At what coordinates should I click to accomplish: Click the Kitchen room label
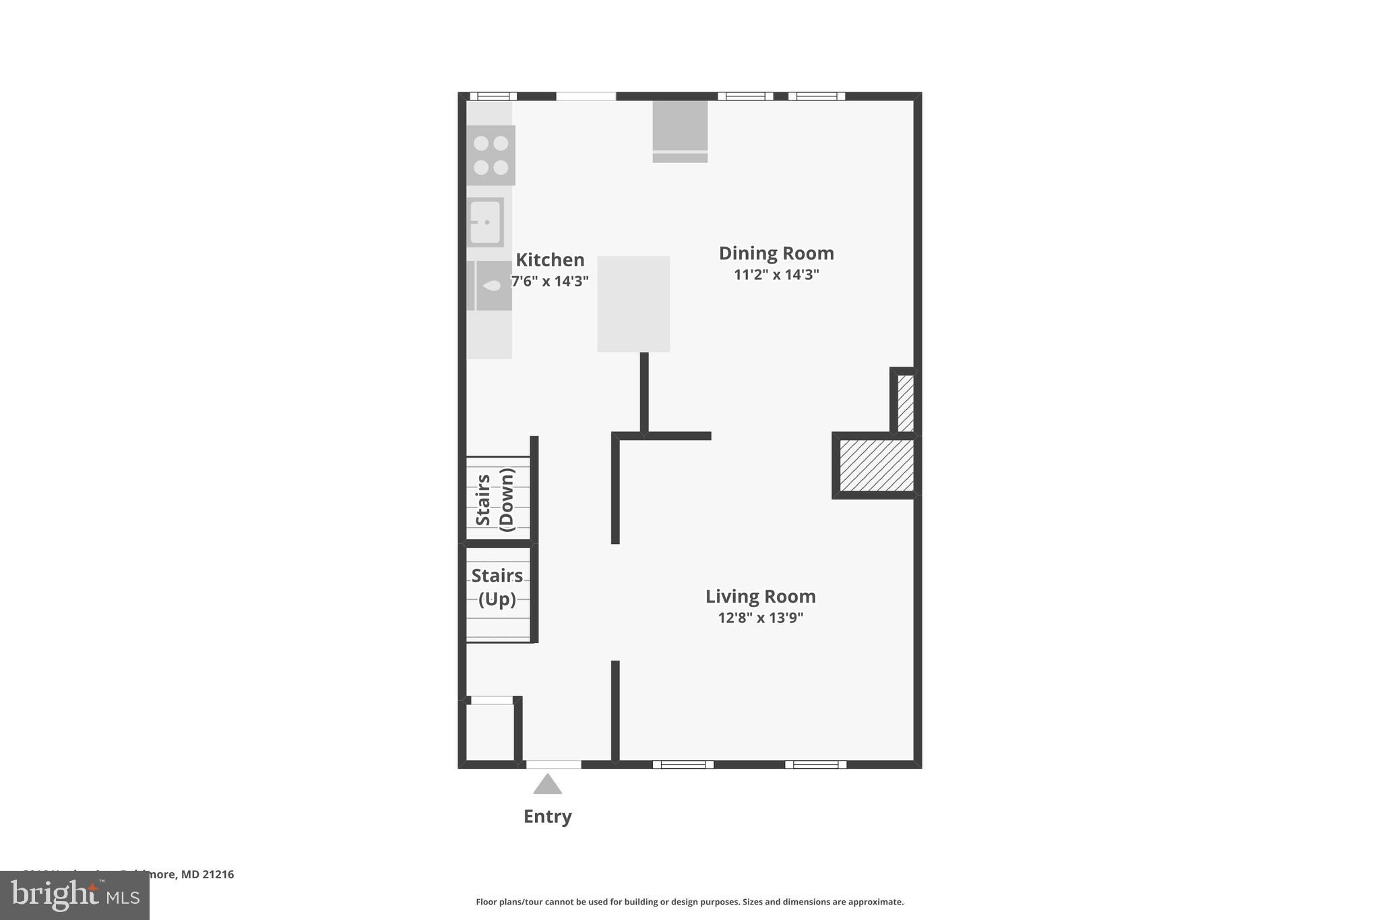pos(550,260)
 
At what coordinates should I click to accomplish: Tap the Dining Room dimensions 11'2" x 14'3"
pos(776,274)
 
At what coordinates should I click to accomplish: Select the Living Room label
pos(760,596)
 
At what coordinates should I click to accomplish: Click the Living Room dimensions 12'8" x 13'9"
pos(760,617)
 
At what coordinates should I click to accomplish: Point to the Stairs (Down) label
pos(495,500)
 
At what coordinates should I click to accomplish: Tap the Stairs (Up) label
pos(497,587)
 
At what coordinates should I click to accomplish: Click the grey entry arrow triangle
pos(547,785)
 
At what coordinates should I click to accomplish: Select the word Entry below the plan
pos(547,816)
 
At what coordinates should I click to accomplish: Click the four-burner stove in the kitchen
pos(491,156)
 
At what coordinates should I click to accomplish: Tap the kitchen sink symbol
pos(485,222)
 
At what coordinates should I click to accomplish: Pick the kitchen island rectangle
pos(633,304)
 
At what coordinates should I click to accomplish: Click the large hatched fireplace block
pos(876,465)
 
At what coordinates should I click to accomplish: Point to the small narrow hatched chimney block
pos(906,403)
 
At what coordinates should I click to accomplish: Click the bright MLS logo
pos(74,896)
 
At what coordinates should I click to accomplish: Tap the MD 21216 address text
pos(207,874)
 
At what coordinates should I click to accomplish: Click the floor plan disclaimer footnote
pos(689,902)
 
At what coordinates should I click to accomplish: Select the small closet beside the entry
pos(490,732)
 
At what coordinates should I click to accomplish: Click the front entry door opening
pos(553,764)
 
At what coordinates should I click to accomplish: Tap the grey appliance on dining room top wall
pos(680,131)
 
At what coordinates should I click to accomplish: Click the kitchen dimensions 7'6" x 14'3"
pos(550,281)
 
